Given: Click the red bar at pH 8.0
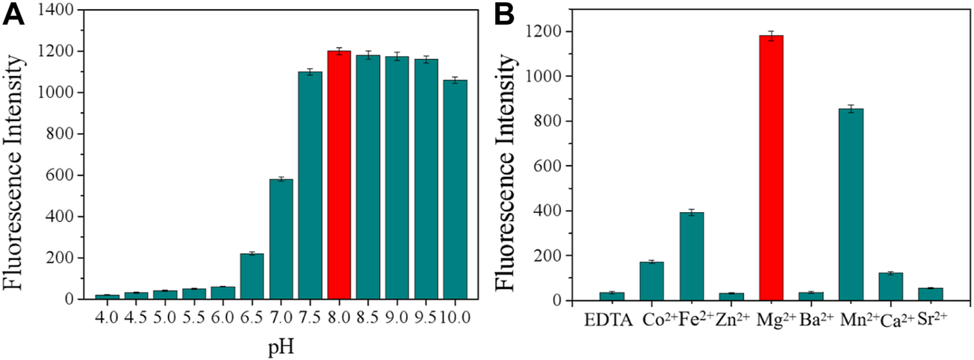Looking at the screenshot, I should (x=339, y=175).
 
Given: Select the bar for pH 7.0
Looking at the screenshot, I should (x=281, y=239).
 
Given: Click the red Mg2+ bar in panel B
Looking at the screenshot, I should (x=771, y=168).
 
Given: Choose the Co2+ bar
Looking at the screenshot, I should (x=651, y=281).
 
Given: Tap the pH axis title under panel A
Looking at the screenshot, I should (x=282, y=348).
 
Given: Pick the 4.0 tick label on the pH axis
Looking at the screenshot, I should (x=107, y=318).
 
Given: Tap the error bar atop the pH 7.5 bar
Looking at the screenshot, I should (x=310, y=72).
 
